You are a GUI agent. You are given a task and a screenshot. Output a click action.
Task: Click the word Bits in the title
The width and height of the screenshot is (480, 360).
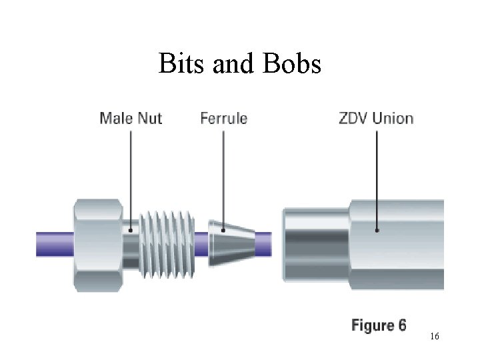[x=179, y=64]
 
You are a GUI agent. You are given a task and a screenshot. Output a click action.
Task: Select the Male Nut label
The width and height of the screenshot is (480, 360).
[x=131, y=119]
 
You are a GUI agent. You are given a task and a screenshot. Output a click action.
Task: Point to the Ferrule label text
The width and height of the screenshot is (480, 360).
[x=223, y=119]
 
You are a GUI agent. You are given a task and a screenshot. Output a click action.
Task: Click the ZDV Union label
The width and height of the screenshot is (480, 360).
[x=376, y=119]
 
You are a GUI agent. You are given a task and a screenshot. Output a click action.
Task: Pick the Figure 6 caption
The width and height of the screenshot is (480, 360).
[x=379, y=326]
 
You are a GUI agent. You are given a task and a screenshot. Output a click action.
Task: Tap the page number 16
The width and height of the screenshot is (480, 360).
[x=434, y=337]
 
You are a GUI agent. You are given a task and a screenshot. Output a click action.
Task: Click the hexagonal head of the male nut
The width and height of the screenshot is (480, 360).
[x=98, y=244]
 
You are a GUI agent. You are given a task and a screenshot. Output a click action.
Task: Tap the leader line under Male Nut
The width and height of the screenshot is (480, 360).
[x=131, y=180]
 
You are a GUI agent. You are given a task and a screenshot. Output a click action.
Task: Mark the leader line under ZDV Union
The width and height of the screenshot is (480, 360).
[x=377, y=180]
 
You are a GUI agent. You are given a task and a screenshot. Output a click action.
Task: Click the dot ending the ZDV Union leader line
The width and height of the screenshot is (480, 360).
[x=377, y=230]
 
